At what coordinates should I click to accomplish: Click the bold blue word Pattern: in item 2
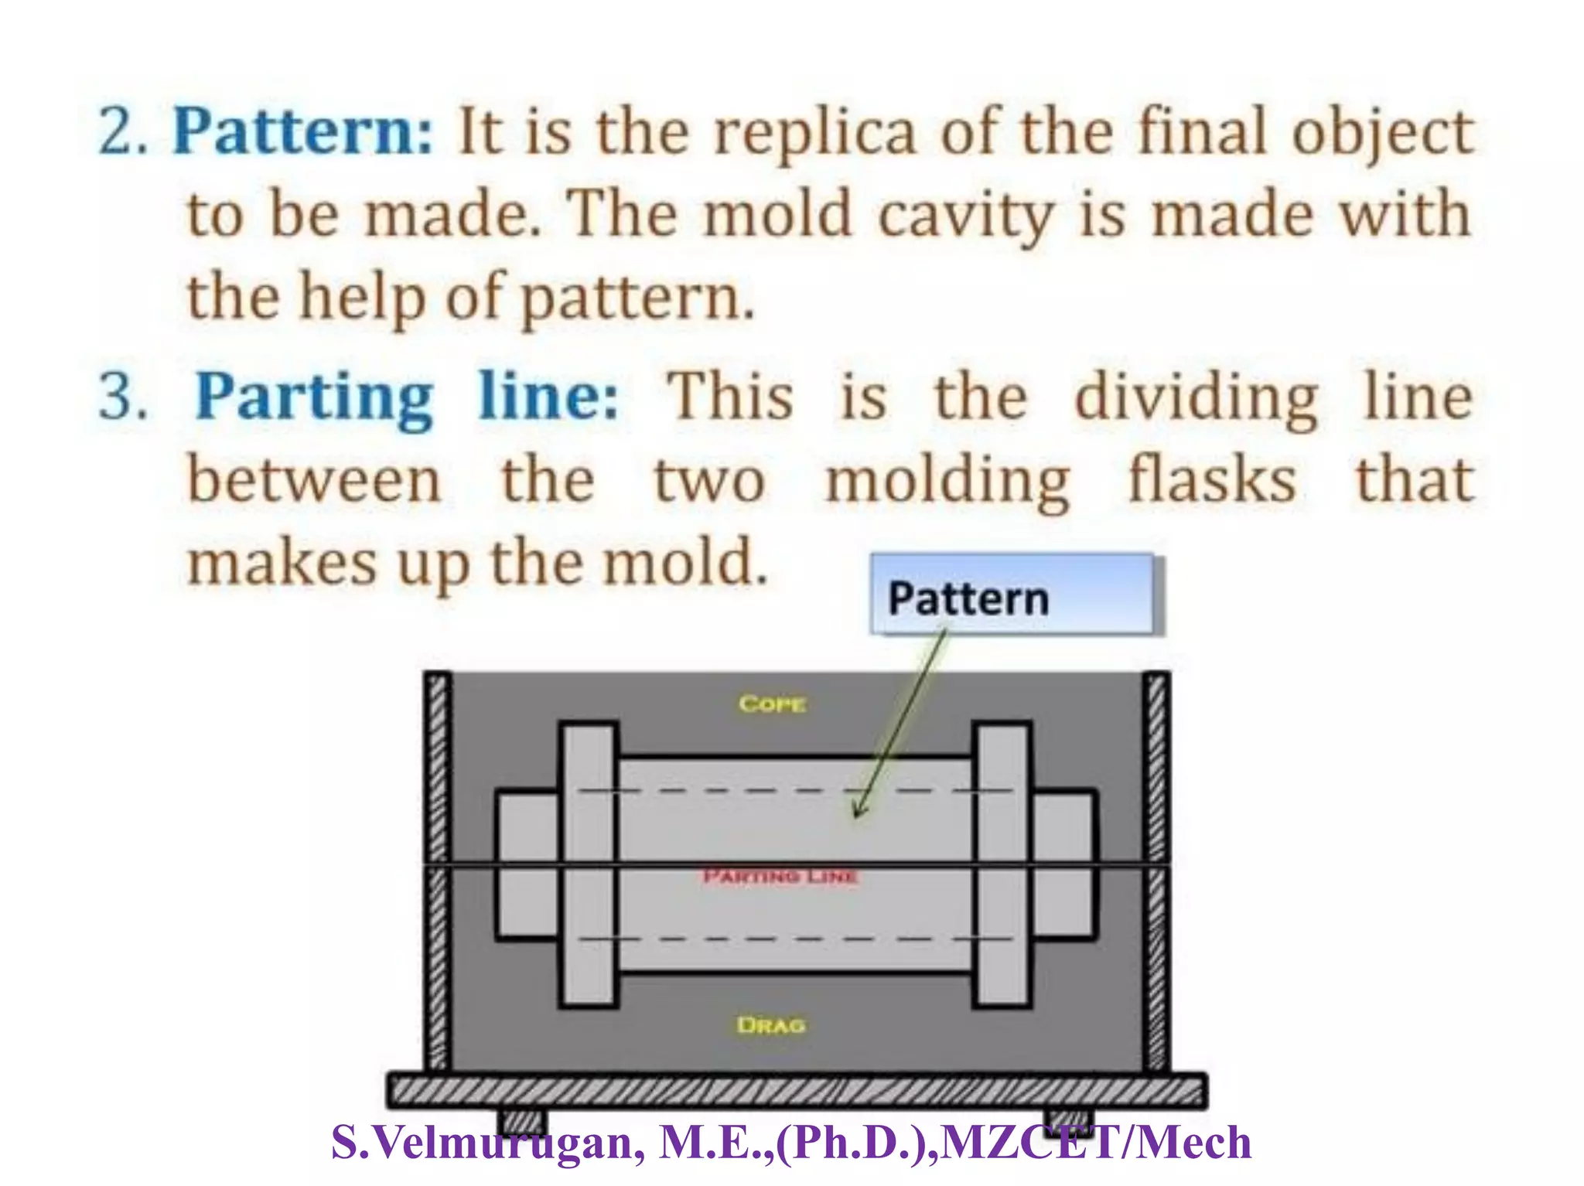302,131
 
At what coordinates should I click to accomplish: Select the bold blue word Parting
313,397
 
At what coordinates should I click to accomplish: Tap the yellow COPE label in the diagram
772,704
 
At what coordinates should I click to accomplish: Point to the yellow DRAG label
771,1025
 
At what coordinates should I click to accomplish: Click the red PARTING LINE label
780,877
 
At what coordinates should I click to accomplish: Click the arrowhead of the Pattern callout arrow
857,812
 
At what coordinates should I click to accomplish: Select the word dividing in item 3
1197,397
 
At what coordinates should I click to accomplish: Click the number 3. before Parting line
122,397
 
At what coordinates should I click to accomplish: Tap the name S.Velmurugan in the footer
487,1143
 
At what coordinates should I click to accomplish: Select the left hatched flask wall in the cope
438,765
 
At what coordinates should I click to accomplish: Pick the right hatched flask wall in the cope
1156,765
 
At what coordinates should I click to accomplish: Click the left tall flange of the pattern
589,864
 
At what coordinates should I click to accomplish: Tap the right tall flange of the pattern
1002,864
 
